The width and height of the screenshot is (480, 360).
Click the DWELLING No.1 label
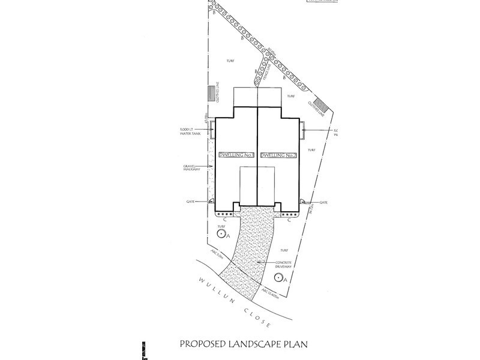click(237, 155)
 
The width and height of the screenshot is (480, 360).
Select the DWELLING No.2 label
click(279, 155)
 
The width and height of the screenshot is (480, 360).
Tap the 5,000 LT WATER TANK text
click(196, 131)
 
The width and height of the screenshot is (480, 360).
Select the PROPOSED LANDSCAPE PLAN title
click(247, 344)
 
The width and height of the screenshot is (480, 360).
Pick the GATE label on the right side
click(323, 203)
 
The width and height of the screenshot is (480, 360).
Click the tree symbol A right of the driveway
click(278, 277)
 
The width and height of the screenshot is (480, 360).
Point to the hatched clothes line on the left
click(211, 95)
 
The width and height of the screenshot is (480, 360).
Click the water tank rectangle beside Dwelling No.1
click(212, 129)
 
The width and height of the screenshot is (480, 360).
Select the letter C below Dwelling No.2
click(290, 220)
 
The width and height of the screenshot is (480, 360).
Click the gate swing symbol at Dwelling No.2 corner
click(304, 202)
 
